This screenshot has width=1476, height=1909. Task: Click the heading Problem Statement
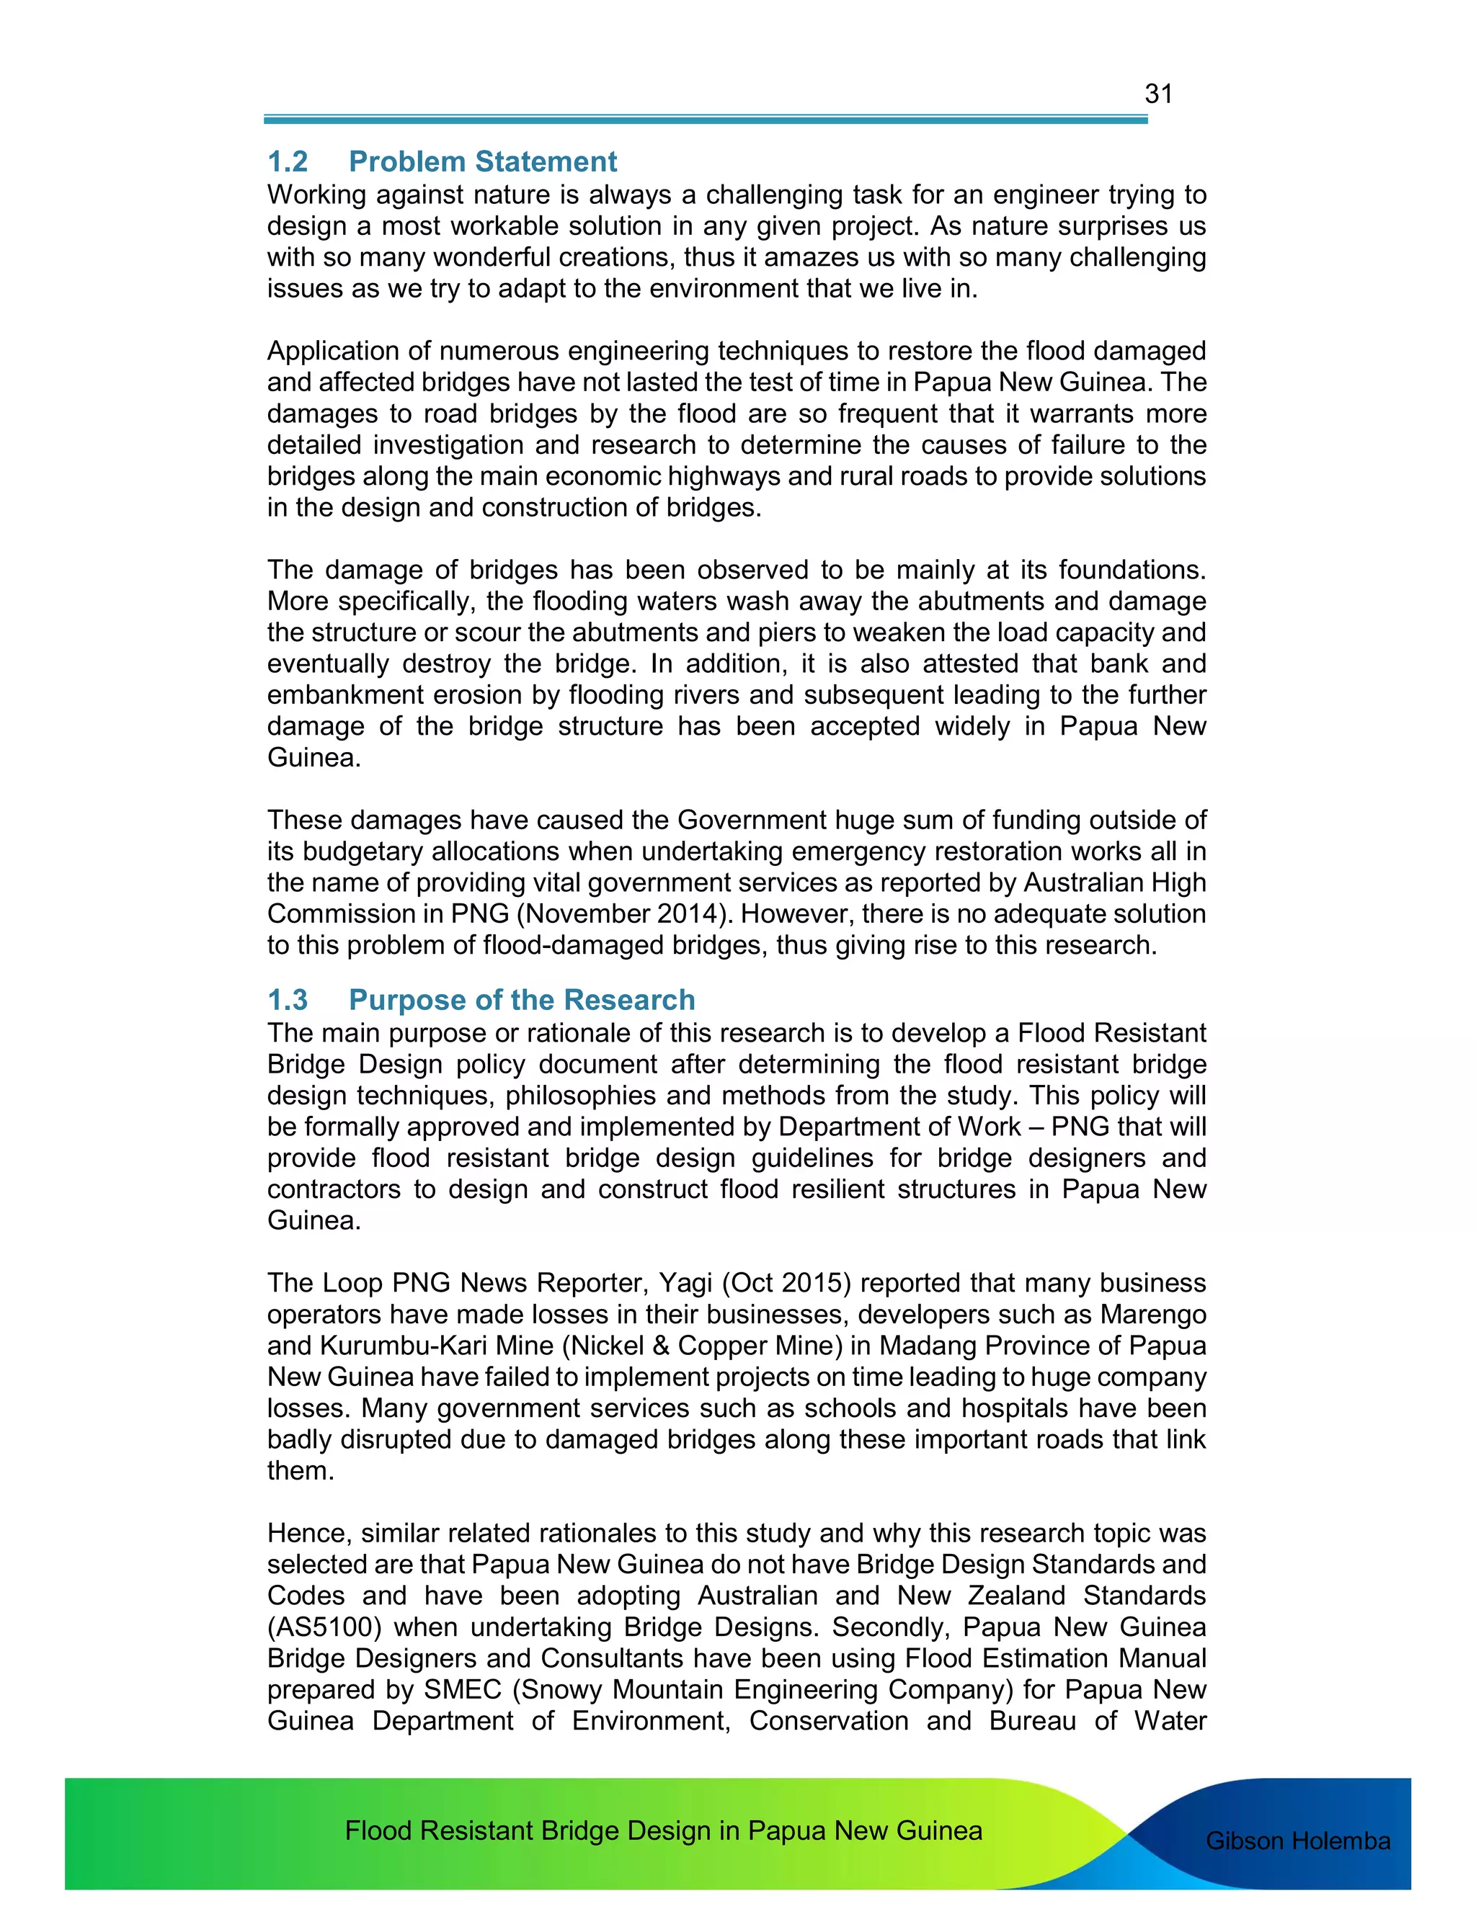pos(483,161)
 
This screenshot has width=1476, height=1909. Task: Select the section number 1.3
pos(288,1000)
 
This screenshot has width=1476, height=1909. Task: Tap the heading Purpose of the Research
pos(522,1000)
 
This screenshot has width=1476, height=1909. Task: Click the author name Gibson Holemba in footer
pos(1297,1841)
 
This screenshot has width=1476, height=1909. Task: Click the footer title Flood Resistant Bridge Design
pos(663,1830)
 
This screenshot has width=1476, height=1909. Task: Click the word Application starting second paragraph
pos(336,352)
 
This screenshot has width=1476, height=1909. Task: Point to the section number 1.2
pos(288,161)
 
